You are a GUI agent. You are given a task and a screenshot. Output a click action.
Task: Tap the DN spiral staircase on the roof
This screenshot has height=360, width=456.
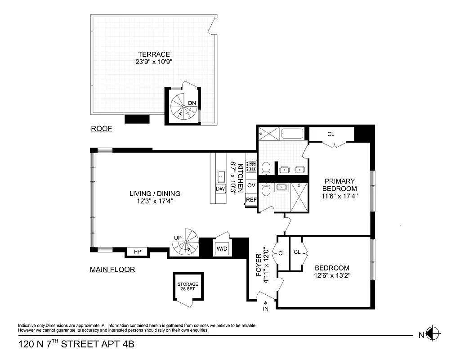(183, 107)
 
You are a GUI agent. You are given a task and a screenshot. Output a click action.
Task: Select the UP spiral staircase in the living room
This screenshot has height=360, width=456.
(185, 244)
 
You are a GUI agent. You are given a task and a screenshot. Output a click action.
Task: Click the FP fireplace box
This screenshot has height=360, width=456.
(137, 252)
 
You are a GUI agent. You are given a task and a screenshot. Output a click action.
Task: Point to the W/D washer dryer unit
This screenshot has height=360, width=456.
(222, 248)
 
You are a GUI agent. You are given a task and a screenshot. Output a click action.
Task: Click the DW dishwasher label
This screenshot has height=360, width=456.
(220, 189)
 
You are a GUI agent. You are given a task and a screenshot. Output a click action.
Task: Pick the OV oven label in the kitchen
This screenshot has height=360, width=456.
(251, 185)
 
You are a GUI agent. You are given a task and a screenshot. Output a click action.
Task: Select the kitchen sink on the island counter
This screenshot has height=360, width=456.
(221, 175)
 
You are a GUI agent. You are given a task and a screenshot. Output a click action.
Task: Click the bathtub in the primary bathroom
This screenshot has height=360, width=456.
(292, 133)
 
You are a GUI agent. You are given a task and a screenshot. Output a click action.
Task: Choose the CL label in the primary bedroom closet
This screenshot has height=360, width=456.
(331, 134)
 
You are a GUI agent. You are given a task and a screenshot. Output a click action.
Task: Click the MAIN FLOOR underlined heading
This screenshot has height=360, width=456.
(112, 270)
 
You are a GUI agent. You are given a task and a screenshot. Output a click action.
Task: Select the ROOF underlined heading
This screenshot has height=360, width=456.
(101, 129)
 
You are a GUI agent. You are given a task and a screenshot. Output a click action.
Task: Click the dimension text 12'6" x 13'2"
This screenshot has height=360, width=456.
(332, 275)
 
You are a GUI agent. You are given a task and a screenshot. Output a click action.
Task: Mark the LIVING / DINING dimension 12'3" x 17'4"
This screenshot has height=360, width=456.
(155, 201)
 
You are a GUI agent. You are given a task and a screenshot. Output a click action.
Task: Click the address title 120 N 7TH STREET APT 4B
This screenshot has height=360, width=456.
(76, 345)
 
